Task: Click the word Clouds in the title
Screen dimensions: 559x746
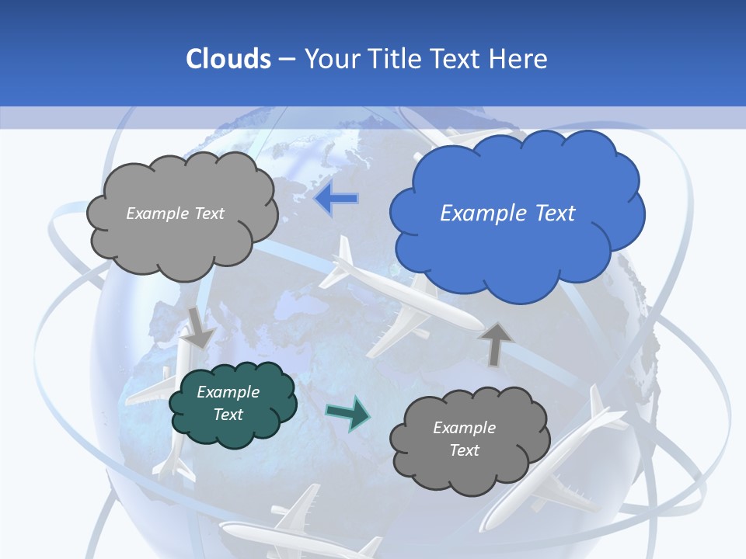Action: point(228,59)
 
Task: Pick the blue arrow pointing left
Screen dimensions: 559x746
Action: point(336,199)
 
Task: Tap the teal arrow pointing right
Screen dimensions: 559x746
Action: point(348,413)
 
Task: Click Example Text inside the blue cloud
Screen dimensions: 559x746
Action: point(507,214)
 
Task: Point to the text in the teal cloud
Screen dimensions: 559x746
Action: point(228,403)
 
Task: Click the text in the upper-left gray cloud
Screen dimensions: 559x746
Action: point(175,214)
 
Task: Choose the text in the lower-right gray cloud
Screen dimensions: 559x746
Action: point(464,439)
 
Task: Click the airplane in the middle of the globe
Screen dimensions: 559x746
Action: point(396,303)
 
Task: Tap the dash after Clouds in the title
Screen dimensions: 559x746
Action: point(286,59)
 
